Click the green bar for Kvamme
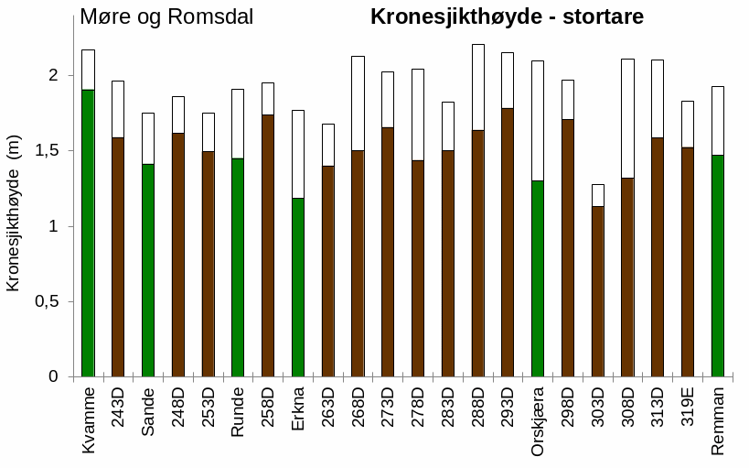pyautogui.click(x=88, y=234)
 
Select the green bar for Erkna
pyautogui.click(x=298, y=288)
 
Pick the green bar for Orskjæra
pyautogui.click(x=537, y=278)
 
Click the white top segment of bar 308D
pyautogui.click(x=627, y=118)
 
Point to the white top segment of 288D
pyautogui.click(x=477, y=87)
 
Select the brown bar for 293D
pyautogui.click(x=508, y=243)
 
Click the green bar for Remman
pyautogui.click(x=718, y=266)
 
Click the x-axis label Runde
pyautogui.click(x=238, y=412)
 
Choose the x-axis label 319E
pyautogui.click(x=688, y=410)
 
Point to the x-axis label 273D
pyautogui.click(x=388, y=410)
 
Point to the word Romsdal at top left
pyautogui.click(x=209, y=17)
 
